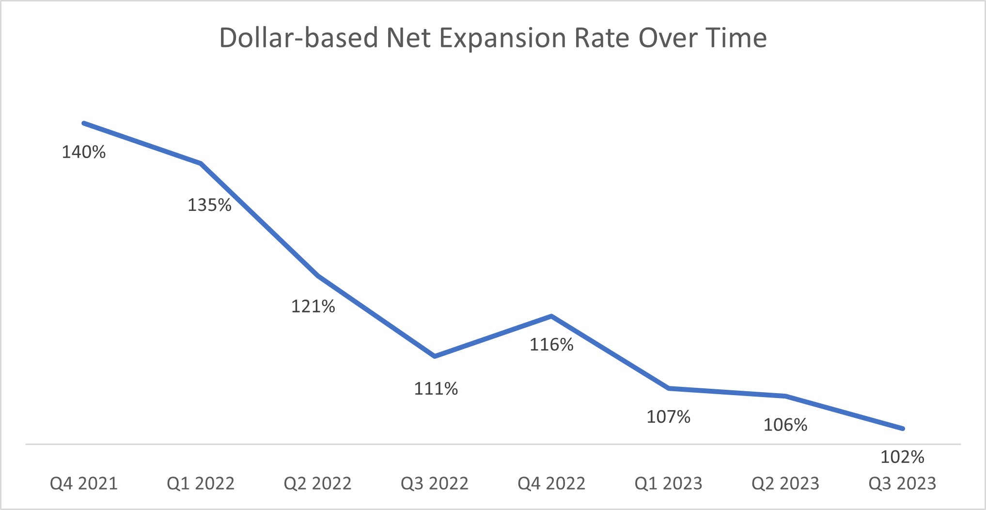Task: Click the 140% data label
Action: tap(83, 152)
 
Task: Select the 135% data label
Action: tap(209, 205)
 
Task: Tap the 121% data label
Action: tap(313, 306)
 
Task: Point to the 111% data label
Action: tap(436, 389)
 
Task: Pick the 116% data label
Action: tap(551, 345)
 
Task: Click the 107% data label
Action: tap(668, 417)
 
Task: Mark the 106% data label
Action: tap(785, 425)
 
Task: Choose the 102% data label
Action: tap(902, 457)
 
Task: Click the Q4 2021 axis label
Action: tap(84, 483)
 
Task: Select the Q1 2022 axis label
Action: tap(201, 483)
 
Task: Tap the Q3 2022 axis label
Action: tap(435, 483)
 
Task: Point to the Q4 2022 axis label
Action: tap(551, 483)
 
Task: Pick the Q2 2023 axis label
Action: tap(785, 483)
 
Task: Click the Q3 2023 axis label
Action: tap(902, 483)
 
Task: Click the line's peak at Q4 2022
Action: tap(551, 316)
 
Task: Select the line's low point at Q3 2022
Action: tap(435, 356)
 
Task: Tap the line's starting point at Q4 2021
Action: tap(84, 123)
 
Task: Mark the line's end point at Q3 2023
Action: tap(902, 429)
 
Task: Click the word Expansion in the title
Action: tap(502, 38)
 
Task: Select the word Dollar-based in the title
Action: tap(298, 37)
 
